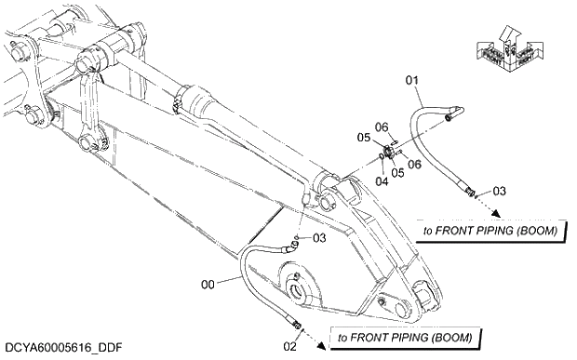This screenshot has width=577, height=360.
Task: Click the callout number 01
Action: (413, 83)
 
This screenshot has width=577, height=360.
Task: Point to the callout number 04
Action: (381, 168)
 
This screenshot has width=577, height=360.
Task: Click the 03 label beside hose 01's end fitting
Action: (500, 192)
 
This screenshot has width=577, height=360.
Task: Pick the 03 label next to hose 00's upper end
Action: (319, 238)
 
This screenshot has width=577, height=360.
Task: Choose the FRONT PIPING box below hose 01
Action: (490, 230)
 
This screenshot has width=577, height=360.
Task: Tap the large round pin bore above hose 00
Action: (301, 292)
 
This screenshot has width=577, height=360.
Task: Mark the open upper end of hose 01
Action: (451, 117)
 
